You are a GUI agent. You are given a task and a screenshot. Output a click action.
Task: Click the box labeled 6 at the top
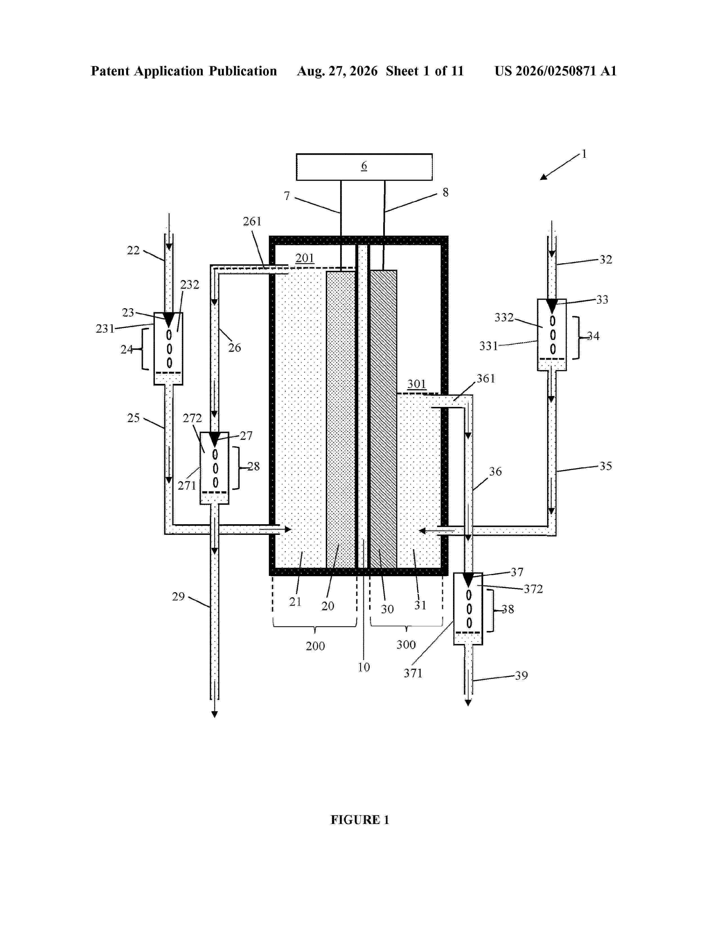coord(364,167)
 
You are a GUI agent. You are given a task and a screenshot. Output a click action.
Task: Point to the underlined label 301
coord(417,384)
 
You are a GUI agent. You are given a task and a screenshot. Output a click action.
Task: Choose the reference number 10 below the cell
coord(364,667)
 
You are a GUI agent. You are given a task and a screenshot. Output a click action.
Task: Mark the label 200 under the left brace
coord(315,646)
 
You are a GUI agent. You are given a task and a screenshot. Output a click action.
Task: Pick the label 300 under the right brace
coord(406,645)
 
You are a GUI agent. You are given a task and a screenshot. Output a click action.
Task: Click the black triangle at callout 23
coord(169,319)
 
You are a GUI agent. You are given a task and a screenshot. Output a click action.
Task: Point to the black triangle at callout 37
coord(468,580)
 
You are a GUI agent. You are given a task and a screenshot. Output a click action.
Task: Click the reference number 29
coord(178,597)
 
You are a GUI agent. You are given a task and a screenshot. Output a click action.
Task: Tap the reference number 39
coord(521,675)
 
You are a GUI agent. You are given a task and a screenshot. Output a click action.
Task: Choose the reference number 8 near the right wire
coord(445,192)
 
